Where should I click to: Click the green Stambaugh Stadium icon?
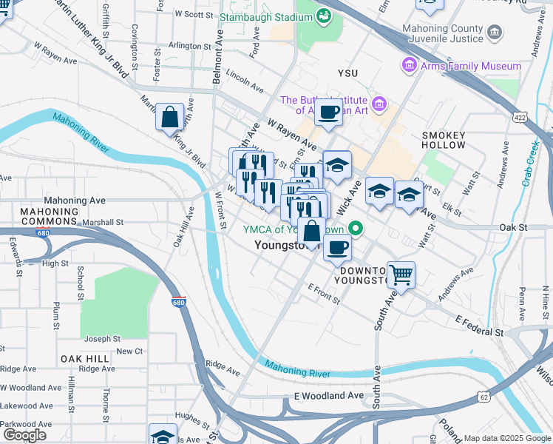(324, 16)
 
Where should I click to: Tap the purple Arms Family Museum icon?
(408, 66)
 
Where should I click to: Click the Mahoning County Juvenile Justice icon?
(495, 33)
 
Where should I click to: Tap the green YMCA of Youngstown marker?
(355, 228)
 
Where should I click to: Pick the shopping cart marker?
(401, 275)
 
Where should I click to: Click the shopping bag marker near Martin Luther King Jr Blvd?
(170, 116)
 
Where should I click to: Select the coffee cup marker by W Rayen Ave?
(328, 112)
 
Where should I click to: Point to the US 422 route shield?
(520, 116)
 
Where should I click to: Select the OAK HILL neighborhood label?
(86, 358)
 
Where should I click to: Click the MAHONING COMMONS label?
(50, 216)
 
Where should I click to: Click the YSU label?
(347, 74)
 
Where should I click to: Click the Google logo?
(24, 435)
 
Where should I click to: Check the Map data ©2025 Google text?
(506, 438)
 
